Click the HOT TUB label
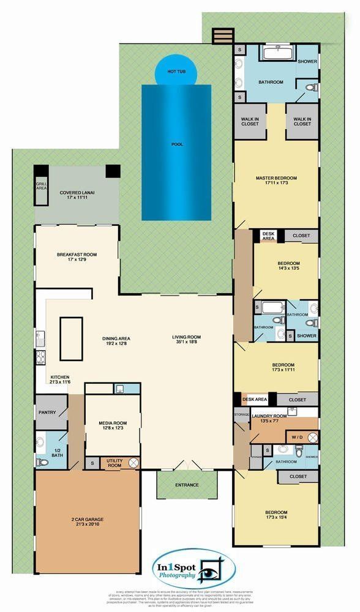(176, 72)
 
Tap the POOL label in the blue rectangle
(177, 144)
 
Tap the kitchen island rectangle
(70, 338)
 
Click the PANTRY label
(47, 412)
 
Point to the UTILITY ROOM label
(114, 463)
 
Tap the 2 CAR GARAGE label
(89, 521)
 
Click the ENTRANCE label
(187, 485)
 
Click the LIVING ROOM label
(186, 337)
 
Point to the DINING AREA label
(116, 341)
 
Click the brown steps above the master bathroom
(223, 35)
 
